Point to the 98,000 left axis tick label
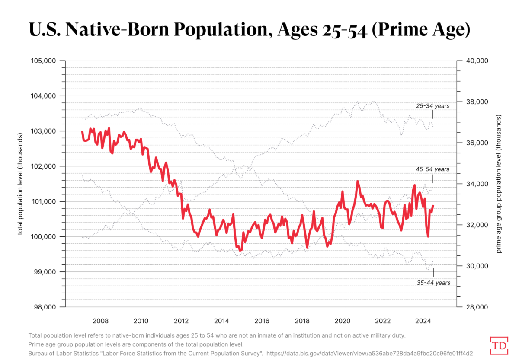coord(45,307)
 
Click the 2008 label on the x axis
coord(100,321)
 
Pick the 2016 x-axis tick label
coord(262,321)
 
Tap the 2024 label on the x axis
coord(423,321)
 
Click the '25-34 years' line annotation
coord(433,105)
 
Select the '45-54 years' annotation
coord(433,169)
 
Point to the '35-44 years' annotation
coord(433,283)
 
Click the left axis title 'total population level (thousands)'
coord(20,183)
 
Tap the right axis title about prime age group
coord(499,183)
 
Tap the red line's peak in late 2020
coord(358,182)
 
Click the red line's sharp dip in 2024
coord(428,236)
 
